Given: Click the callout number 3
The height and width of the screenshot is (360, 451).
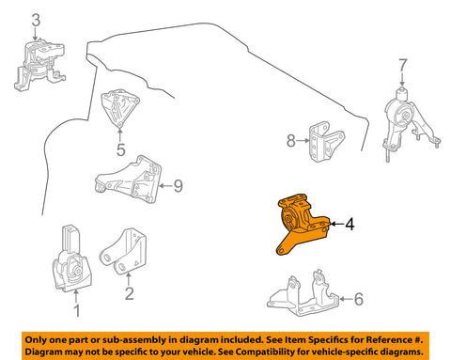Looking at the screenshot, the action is [x=36, y=20].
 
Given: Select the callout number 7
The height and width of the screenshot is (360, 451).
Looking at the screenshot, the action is [x=402, y=66].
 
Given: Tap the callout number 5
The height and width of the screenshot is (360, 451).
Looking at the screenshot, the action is [x=120, y=149].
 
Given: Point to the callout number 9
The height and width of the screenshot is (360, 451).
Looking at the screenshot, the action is [x=178, y=186].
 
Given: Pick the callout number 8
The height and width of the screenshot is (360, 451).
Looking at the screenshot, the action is [x=291, y=141].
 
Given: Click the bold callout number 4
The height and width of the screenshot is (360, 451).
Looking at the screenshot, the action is [x=350, y=224].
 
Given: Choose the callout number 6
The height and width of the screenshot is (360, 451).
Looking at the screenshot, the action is [x=358, y=299].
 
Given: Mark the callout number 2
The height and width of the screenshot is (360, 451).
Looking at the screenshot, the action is [x=129, y=293].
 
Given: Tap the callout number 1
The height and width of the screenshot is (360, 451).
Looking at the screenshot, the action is [x=76, y=310].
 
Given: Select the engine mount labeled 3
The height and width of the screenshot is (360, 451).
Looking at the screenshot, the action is [x=39, y=66].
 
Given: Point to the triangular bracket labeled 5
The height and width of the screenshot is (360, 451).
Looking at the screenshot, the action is [x=119, y=108].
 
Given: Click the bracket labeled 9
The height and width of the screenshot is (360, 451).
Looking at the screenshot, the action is [x=129, y=180].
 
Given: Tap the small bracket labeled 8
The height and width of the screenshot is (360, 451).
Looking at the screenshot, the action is [x=326, y=142].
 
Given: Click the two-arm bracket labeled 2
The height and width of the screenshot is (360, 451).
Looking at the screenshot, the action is [x=124, y=252].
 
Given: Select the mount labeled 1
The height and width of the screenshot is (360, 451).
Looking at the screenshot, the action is [x=71, y=258].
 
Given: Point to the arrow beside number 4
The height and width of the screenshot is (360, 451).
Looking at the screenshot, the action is [x=336, y=224].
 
